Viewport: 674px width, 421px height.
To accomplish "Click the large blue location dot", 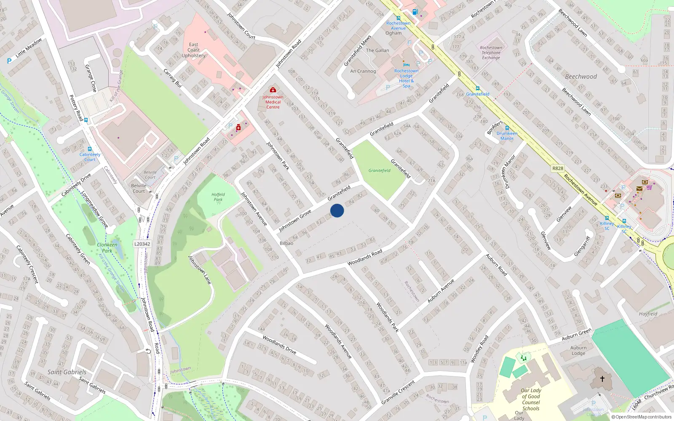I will click(337, 210).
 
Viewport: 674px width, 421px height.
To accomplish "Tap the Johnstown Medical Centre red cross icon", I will click(273, 90).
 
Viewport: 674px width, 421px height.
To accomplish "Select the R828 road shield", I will click(557, 168).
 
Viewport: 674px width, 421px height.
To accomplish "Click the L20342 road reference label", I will click(142, 244).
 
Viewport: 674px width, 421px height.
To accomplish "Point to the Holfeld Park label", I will click(218, 197).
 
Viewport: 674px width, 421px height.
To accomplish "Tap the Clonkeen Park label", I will click(107, 248).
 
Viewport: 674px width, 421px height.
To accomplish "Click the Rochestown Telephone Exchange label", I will click(491, 53).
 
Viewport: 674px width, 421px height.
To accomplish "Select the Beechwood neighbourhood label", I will click(581, 77).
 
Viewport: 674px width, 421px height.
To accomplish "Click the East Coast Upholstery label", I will click(193, 50).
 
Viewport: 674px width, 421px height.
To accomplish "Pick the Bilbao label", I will click(286, 243).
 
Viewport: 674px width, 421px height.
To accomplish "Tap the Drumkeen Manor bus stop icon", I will click(507, 128).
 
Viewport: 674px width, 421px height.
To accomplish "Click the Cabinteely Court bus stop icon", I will click(89, 149).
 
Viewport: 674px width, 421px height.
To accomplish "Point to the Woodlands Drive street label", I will click(279, 344).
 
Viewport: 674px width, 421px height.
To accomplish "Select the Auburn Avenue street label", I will click(441, 290).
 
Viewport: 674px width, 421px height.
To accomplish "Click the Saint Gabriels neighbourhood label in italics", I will click(67, 372).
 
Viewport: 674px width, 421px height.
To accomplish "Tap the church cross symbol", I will click(602, 379).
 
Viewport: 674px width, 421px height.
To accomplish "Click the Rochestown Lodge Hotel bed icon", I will click(406, 64).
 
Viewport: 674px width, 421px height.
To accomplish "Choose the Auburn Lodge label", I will click(578, 351).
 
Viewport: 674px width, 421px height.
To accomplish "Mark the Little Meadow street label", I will click(29, 48).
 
